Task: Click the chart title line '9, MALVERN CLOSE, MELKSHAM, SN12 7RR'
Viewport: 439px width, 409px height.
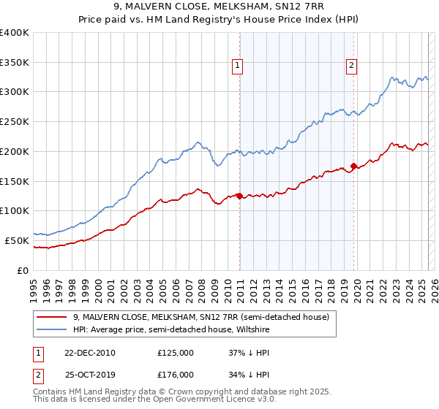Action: [x=219, y=8]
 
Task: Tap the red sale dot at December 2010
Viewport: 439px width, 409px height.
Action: [x=240, y=195]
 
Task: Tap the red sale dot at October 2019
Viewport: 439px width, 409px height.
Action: [x=354, y=166]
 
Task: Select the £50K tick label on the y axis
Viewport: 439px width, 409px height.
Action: [x=16, y=240]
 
